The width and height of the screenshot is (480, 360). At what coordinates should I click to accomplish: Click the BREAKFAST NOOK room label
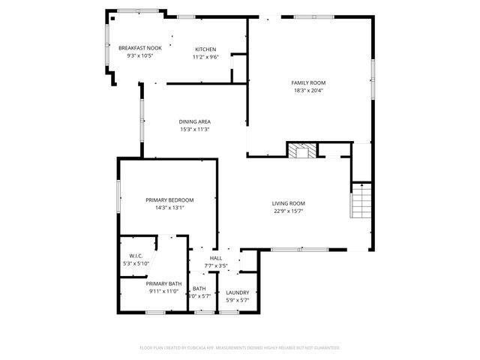pyautogui.click(x=139, y=48)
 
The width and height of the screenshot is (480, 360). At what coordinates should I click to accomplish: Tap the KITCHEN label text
pyautogui.click(x=205, y=48)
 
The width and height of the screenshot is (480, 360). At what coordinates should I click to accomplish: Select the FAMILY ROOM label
pyautogui.click(x=308, y=82)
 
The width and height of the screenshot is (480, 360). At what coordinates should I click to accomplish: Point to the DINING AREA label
pyautogui.click(x=194, y=121)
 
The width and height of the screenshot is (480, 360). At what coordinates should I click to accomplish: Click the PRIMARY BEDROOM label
pyautogui.click(x=169, y=199)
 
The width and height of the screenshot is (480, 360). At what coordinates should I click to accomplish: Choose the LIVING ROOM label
pyautogui.click(x=288, y=203)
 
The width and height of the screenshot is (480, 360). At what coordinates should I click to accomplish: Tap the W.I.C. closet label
pyautogui.click(x=136, y=256)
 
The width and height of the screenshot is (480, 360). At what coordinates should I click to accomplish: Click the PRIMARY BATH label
pyautogui.click(x=163, y=283)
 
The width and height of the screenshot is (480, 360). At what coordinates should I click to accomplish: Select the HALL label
pyautogui.click(x=216, y=258)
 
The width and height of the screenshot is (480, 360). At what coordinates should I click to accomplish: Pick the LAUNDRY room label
pyautogui.click(x=238, y=292)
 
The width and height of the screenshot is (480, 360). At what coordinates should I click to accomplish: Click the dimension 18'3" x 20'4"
pyautogui.click(x=308, y=91)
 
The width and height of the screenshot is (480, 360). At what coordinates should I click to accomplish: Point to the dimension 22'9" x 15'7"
pyautogui.click(x=288, y=211)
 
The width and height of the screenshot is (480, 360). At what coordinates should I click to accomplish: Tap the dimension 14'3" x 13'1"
pyautogui.click(x=169, y=208)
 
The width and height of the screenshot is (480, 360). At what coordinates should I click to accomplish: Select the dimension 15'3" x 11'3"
pyautogui.click(x=194, y=129)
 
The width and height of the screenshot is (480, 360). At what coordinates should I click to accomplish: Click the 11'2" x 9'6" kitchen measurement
pyautogui.click(x=205, y=56)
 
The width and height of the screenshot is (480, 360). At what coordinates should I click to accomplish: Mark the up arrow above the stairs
pyautogui.click(x=361, y=184)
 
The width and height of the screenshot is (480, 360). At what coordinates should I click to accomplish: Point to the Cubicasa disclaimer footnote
pyautogui.click(x=240, y=348)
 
